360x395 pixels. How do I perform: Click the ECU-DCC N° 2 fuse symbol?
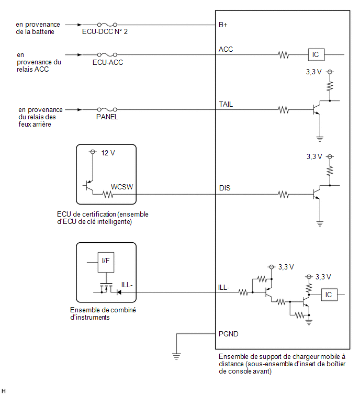coord(107,25)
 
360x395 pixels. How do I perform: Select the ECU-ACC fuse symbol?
coord(107,54)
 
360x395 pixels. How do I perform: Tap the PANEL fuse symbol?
coord(107,109)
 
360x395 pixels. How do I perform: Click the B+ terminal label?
coord(223,25)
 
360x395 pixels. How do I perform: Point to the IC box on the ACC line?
coord(316,54)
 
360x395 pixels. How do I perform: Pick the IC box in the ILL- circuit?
coord(329,295)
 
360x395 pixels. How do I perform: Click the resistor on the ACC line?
coord(284,54)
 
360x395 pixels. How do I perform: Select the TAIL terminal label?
coord(226,104)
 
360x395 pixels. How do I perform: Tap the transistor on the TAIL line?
coord(317,109)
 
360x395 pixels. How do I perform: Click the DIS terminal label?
coord(224,188)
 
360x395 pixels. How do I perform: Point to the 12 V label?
coord(108,153)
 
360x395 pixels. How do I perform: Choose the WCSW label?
coord(122,187)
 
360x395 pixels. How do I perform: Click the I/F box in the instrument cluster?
coord(106,262)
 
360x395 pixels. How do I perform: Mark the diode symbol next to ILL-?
coord(119,292)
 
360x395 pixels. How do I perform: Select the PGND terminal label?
coord(229,334)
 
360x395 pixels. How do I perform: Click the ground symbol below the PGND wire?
coord(176,356)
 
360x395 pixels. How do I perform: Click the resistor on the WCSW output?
coord(108,195)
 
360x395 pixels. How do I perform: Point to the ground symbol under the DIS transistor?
coord(320,223)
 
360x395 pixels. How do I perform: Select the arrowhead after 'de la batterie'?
coord(80,25)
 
